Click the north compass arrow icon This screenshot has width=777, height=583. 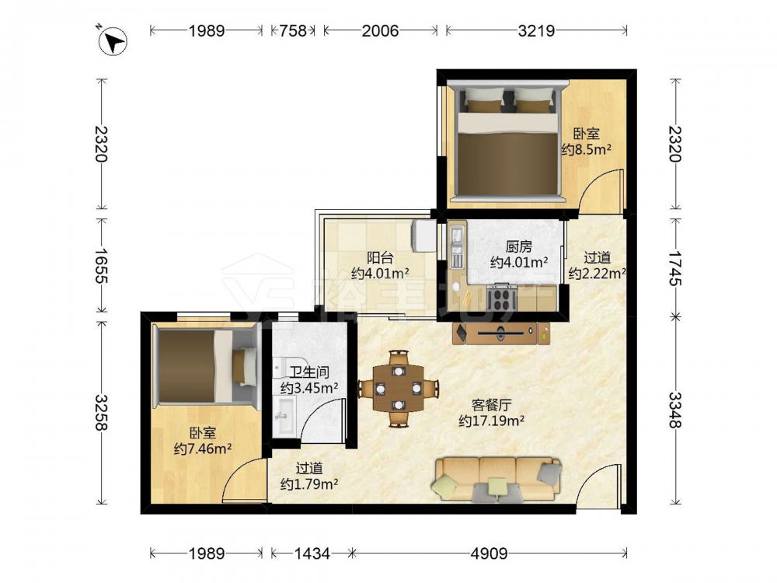pos(113,40)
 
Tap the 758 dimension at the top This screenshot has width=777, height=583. pos(293,31)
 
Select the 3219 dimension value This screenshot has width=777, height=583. pos(536,31)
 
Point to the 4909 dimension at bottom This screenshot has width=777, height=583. pos(489,553)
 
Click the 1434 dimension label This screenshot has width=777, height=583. pos(312,553)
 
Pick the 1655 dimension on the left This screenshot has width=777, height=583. pos(102,266)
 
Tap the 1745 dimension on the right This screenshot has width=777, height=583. pos(675,268)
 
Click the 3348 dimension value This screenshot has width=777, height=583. pos(675,410)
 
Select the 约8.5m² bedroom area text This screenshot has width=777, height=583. pos(586,149)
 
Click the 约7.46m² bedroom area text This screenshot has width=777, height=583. pos(203,449)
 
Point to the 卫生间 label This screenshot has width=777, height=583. pos(309,372)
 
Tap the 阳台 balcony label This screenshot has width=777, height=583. pos(380,257)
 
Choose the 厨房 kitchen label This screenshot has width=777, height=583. pos(519,246)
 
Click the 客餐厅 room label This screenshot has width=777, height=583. pos(491,406)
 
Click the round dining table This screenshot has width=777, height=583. pos(399,388)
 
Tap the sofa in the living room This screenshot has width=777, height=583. pos(497,479)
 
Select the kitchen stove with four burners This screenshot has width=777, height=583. pos(501,298)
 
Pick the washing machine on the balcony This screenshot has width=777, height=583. pos(423,236)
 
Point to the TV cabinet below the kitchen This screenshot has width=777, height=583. pos(501,333)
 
